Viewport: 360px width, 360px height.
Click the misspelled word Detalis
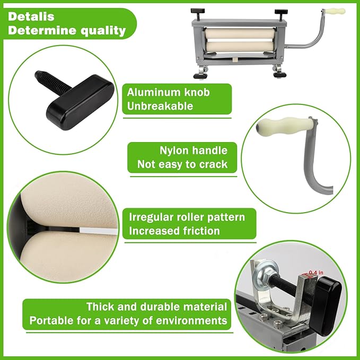pos(31,16)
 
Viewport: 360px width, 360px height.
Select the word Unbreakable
pos(160,106)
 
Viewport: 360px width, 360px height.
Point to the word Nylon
pos(174,151)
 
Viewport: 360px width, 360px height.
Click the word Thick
pos(100,307)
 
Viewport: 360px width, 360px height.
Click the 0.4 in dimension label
pos(316,273)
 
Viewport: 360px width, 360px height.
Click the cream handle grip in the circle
pos(285,125)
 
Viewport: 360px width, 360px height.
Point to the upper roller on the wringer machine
pos(240,33)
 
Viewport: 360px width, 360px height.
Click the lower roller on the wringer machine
pos(241,46)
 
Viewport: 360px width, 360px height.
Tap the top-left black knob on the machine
pos(197,11)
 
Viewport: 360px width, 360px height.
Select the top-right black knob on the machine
pos(281,11)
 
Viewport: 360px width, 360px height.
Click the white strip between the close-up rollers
pos(99,231)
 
